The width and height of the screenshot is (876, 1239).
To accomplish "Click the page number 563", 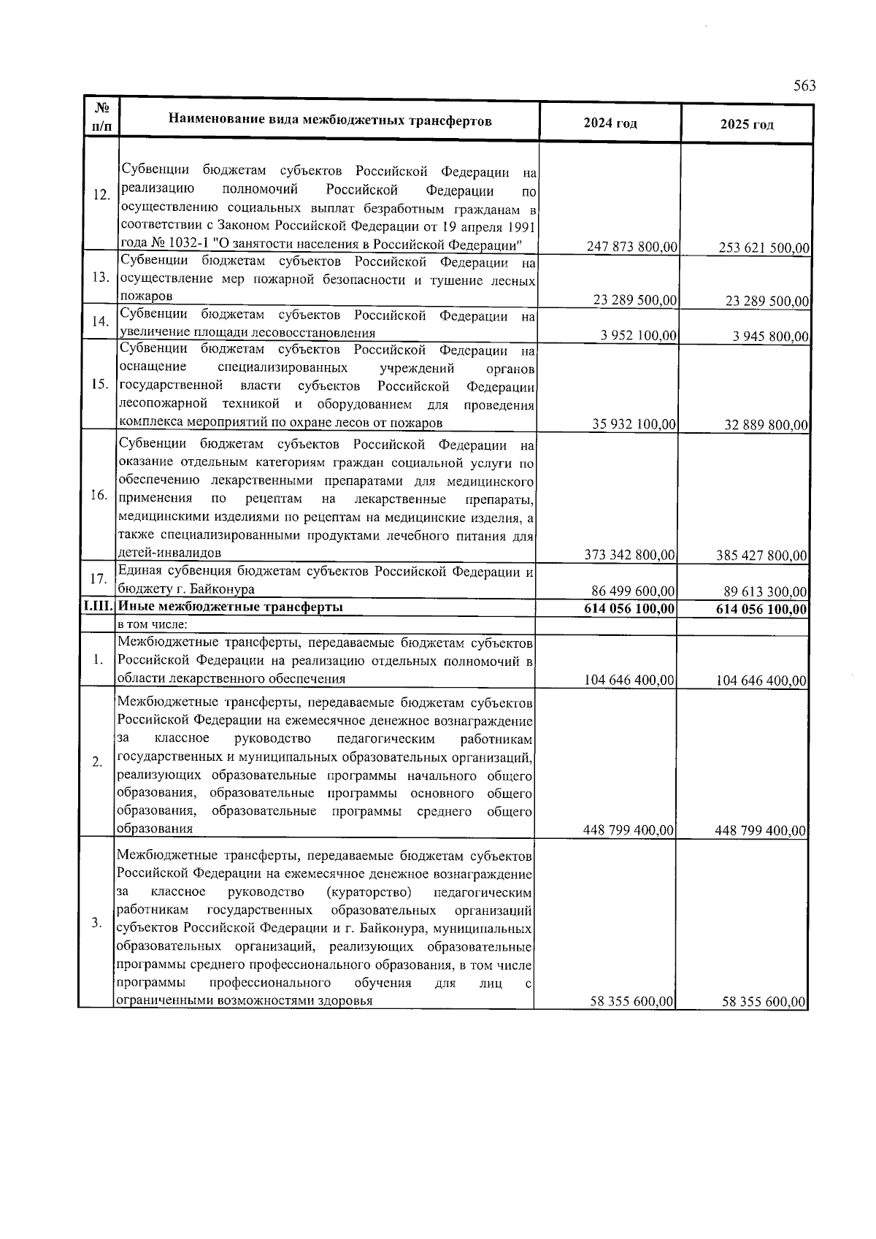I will pos(804,86).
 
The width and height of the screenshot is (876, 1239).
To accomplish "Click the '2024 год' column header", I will pos(610,123).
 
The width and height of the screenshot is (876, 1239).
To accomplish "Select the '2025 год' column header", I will pos(746,124).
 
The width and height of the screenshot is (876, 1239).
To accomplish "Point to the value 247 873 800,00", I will pos(632,247).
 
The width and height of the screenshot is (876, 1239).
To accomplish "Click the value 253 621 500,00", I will pos(764,248).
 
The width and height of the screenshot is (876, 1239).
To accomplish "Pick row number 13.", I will pos(101,278).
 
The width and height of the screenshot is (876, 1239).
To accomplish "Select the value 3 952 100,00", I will pos(639,336).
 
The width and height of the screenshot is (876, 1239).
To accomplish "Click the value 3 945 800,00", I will pos(771,337).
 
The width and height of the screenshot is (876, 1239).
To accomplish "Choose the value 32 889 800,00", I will pos(766,425).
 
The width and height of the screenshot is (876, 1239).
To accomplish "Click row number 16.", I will pos(99,496).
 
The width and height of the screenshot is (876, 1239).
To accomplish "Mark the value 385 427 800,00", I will pos(762,556).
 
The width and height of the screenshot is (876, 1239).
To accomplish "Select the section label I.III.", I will pos(99,607).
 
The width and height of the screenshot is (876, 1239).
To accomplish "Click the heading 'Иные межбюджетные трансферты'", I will pos(231,607).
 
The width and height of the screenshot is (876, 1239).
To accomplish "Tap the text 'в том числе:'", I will pos(153,624).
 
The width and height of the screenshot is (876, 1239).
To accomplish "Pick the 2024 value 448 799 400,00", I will pos(629,830).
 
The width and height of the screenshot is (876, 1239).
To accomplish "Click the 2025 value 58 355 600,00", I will pos(764,1002).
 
